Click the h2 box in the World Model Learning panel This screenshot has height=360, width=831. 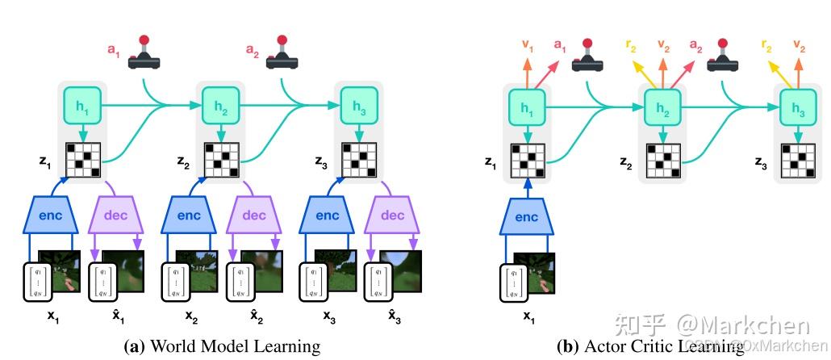[219, 106]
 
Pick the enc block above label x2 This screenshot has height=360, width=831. [189, 216]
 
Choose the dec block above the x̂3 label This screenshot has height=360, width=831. [392, 216]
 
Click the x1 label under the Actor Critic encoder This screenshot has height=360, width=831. [528, 317]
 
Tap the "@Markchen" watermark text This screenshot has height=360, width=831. [742, 325]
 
